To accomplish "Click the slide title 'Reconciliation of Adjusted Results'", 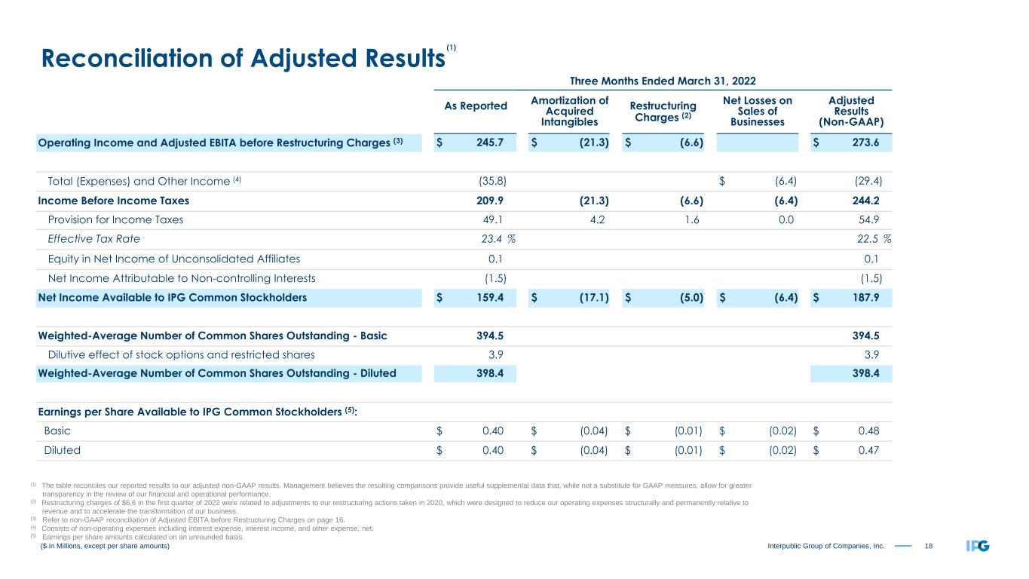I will click(240, 59).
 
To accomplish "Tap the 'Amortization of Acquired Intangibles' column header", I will click(569, 111).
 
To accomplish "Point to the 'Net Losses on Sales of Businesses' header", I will click(757, 111).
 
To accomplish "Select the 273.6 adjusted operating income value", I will click(866, 142).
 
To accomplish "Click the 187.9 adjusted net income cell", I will click(866, 297).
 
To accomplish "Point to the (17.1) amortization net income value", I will click(590, 297).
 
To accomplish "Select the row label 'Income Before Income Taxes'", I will click(113, 201).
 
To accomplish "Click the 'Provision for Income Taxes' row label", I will click(115, 220).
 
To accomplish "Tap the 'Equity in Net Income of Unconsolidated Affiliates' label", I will click(173, 259).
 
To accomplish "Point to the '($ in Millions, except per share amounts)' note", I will click(105, 546).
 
